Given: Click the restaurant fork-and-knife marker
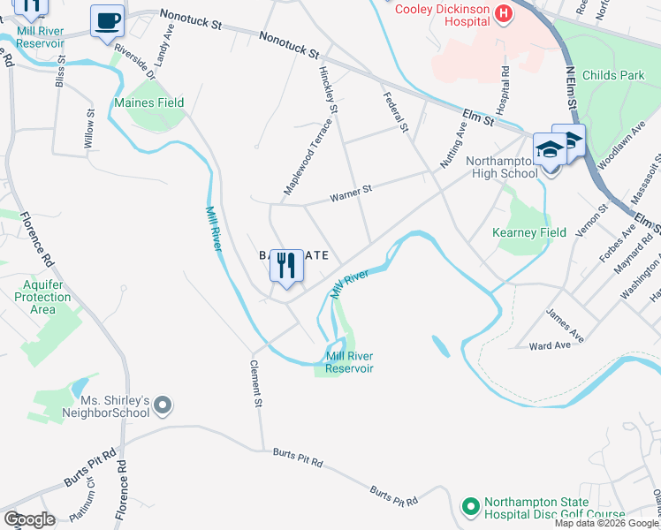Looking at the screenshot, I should click(x=286, y=267).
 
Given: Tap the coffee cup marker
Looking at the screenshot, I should click(x=108, y=21).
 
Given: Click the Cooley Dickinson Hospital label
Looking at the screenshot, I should click(x=441, y=10).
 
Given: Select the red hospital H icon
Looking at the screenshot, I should click(x=503, y=11).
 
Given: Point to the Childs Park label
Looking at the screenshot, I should click(x=619, y=76).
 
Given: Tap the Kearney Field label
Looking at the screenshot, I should click(x=529, y=232).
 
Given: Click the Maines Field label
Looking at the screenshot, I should click(x=149, y=102).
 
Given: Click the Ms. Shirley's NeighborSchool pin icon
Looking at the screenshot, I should click(x=162, y=406).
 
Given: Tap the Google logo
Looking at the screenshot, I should click(x=29, y=519).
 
